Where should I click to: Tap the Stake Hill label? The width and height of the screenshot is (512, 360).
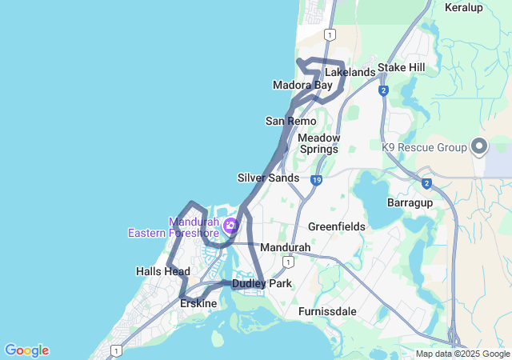(402, 67)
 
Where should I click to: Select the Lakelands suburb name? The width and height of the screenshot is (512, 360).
(350, 72)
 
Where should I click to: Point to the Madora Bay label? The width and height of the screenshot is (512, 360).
(302, 85)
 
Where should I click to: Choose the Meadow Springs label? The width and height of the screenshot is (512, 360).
(319, 143)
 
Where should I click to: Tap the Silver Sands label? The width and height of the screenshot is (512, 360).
(268, 178)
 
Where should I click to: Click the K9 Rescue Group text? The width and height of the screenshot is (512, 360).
(424, 148)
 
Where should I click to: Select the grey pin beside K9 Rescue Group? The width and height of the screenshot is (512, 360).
(479, 146)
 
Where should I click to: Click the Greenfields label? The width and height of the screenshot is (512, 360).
(337, 226)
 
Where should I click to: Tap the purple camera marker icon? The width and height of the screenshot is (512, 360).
(231, 226)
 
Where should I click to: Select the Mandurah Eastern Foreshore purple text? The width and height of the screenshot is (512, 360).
(174, 227)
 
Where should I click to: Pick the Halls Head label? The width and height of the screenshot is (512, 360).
(163, 271)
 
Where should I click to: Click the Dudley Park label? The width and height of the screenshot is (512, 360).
(262, 284)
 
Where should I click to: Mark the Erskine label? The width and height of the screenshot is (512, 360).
(198, 303)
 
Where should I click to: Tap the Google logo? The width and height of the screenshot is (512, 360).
(26, 350)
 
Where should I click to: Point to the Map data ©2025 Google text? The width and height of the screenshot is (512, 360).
(462, 354)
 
